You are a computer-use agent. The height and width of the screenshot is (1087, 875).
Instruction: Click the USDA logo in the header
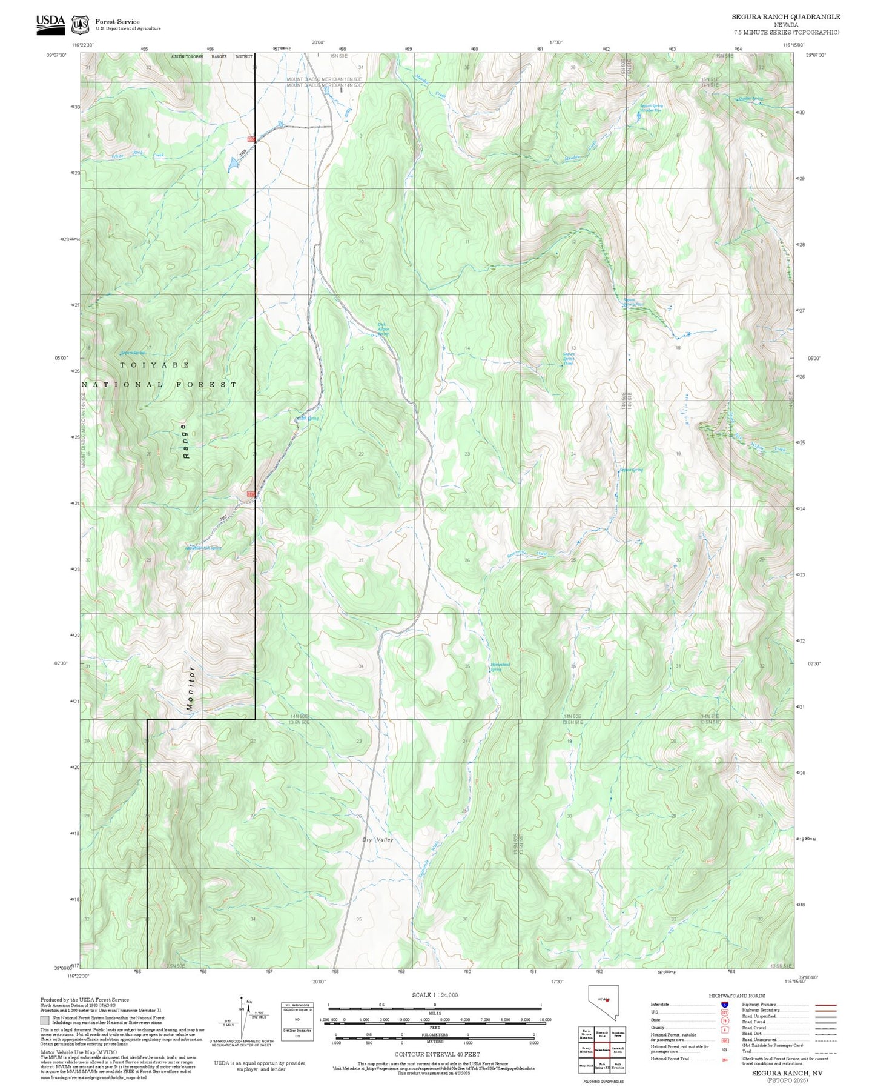point(50,21)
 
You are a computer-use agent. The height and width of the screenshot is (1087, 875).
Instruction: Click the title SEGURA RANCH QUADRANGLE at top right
point(786,17)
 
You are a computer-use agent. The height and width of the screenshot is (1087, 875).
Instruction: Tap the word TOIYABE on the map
point(155,365)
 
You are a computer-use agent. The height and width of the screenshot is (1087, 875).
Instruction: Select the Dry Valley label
point(378,839)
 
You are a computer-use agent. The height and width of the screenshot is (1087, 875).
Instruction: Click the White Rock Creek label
point(137,156)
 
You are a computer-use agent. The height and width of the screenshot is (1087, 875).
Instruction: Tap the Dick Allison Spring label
point(383,329)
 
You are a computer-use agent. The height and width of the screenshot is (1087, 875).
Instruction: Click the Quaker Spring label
point(751,98)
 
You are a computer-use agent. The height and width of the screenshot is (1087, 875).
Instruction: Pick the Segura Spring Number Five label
point(652,108)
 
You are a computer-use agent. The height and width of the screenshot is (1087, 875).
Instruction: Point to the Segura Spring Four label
point(633,301)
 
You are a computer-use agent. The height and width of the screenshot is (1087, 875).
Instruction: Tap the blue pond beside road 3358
point(233,163)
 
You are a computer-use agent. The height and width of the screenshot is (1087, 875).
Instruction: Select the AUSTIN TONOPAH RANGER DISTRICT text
point(212,57)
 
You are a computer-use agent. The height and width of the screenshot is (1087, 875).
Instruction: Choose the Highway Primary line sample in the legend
point(825,1005)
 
